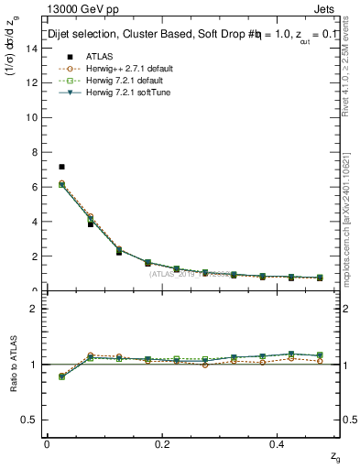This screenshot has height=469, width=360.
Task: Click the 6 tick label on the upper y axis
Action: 35,187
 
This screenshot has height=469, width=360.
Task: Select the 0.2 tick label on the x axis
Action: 163,443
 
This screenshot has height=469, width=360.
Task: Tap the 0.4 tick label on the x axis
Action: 279,443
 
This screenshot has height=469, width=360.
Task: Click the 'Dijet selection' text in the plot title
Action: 78,35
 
